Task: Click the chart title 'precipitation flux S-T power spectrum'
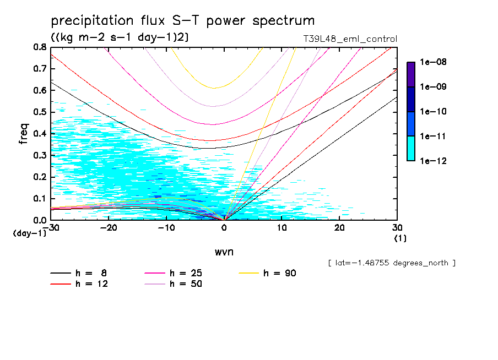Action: [x=182, y=21]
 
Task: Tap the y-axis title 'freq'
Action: [x=23, y=134]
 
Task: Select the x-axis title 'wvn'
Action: [x=224, y=252]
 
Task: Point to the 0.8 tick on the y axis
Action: [x=40, y=47]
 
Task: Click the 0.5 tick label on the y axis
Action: [x=40, y=112]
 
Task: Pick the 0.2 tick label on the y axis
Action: [x=40, y=177]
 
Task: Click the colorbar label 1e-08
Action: [x=432, y=62]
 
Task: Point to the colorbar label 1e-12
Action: [x=432, y=161]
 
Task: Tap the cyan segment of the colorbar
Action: [x=410, y=149]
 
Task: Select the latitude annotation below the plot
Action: [x=391, y=263]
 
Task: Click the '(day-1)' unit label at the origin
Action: [x=30, y=233]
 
